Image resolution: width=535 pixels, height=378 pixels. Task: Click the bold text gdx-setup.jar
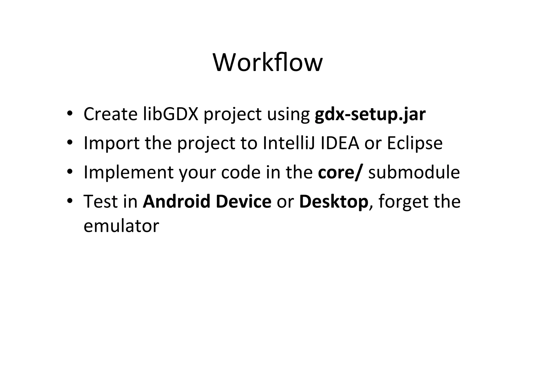coord(370,114)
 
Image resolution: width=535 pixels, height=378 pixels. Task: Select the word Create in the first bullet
coord(110,114)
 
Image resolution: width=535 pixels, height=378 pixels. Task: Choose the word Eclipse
coord(415,144)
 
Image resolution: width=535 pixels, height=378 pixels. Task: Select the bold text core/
coord(340,172)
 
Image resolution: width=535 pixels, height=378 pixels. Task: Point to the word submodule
coord(414,172)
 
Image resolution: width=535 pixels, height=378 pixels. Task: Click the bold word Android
coord(177,201)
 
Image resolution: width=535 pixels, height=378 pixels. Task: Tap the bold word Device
coord(243,201)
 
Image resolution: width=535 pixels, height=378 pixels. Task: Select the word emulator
coord(121,226)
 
